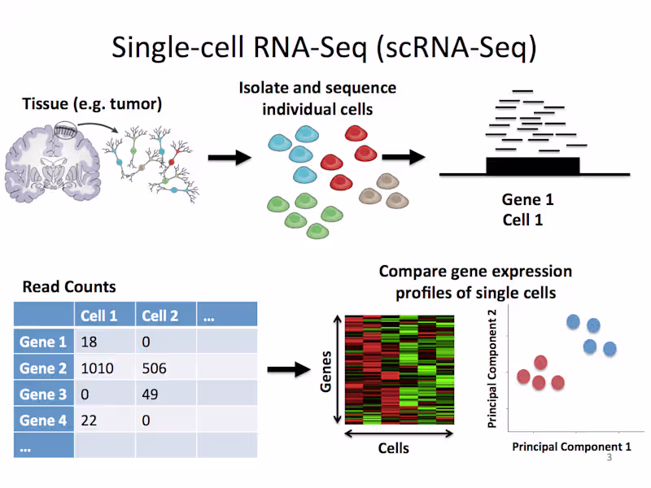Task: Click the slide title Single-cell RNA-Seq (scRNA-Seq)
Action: click(325, 47)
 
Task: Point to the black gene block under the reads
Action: click(532, 166)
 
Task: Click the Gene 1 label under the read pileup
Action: click(526, 200)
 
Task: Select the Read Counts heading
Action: click(69, 286)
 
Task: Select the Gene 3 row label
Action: click(43, 394)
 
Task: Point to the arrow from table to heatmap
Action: click(290, 370)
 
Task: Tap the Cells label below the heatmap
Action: click(393, 448)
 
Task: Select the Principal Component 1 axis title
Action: click(571, 447)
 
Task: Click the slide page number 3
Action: click(609, 459)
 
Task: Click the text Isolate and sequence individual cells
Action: click(317, 98)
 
